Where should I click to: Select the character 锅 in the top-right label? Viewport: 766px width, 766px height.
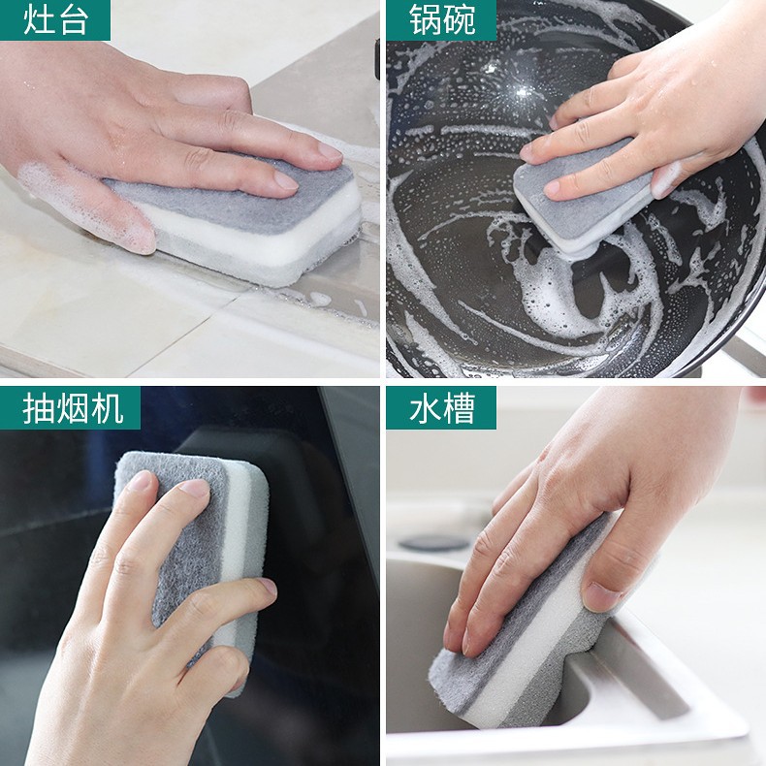[424, 20]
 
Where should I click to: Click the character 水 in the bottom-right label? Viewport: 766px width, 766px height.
[424, 408]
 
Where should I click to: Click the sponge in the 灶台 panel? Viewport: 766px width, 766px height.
[242, 223]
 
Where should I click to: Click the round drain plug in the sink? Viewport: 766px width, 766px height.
[430, 542]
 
